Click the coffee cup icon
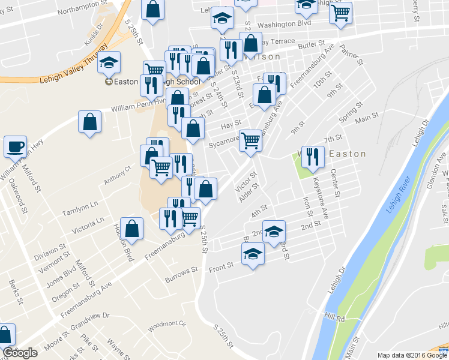pos(16,146)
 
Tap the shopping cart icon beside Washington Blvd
pos(341,13)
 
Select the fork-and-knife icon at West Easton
pos(312,157)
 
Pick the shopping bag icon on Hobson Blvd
pos(132,228)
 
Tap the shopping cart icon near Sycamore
pos(251,140)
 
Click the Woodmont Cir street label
pos(168,325)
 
